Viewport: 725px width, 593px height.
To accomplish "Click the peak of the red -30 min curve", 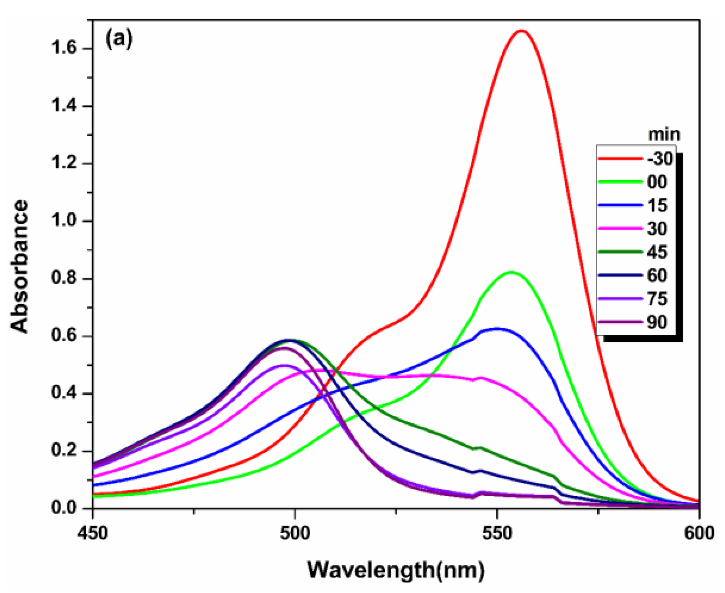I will pos(521,31).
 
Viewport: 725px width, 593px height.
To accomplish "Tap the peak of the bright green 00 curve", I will pos(511,272).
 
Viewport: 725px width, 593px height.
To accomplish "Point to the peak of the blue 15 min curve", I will pos(496,328).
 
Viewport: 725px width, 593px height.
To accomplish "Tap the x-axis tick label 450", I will pos(92,533).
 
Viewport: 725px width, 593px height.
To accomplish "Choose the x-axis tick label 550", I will pos(497,533).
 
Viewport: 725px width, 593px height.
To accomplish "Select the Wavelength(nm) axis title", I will pos(396,570).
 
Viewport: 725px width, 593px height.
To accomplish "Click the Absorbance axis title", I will pos(20,266).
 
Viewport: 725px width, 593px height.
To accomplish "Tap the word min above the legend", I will pos(664,135).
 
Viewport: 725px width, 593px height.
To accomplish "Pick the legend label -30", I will pos(660,159).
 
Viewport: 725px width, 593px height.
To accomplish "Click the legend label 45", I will pos(657,252).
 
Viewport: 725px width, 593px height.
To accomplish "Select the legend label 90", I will pos(657,322).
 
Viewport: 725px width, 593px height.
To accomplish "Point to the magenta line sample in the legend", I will pos(620,228).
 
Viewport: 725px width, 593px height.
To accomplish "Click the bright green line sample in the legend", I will pos(620,182).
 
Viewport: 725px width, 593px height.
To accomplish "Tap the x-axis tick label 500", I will pos(294,533).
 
